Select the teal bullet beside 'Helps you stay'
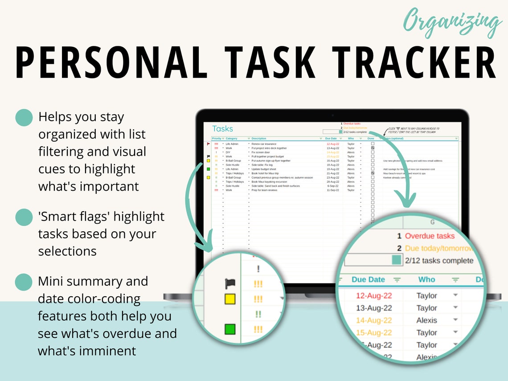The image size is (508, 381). pyautogui.click(x=24, y=118)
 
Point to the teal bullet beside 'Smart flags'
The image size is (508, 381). pyautogui.click(x=24, y=217)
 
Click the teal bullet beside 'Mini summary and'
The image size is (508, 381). pyautogui.click(x=24, y=282)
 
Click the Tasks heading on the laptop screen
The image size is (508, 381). pyautogui.click(x=222, y=129)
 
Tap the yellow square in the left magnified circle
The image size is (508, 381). pyautogui.click(x=230, y=299)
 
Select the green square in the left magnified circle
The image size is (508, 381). pyautogui.click(x=230, y=330)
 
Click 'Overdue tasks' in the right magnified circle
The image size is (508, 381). pyautogui.click(x=430, y=236)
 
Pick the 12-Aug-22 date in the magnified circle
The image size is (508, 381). pyautogui.click(x=374, y=295)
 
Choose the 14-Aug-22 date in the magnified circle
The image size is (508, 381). pyautogui.click(x=374, y=320)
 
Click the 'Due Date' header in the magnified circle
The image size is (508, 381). pyautogui.click(x=368, y=279)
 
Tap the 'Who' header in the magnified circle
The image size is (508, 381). pyautogui.click(x=426, y=279)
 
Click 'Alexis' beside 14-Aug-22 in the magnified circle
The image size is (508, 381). pyautogui.click(x=426, y=320)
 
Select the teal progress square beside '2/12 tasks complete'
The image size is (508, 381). pyautogui.click(x=397, y=260)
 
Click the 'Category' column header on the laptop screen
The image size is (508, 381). pyautogui.click(x=232, y=139)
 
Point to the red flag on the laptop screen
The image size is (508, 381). pyautogui.click(x=208, y=144)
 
